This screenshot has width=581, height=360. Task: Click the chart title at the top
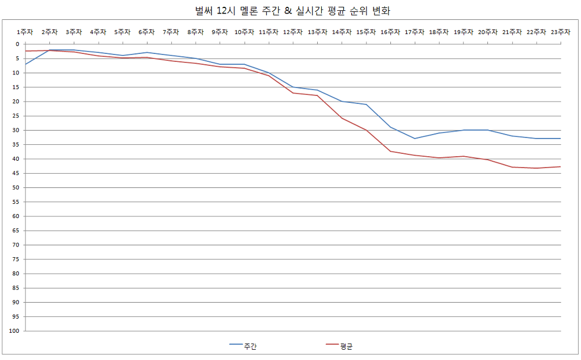[290, 11]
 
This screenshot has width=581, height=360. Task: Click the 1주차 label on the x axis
[26, 32]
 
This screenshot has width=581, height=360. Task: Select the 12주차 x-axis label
[293, 32]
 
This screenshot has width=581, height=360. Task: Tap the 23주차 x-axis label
[561, 32]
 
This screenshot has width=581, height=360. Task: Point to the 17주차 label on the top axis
[415, 32]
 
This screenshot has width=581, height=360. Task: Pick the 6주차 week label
[147, 32]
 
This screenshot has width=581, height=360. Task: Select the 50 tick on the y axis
[16, 187]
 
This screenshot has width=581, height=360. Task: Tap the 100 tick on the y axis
[14, 331]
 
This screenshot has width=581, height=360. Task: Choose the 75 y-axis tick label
[16, 259]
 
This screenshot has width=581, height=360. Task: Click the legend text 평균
[346, 346]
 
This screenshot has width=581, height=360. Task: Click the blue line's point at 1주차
[26, 64]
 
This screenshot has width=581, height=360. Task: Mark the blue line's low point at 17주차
[415, 139]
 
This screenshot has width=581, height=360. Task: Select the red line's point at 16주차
[390, 151]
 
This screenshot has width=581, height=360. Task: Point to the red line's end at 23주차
[561, 166]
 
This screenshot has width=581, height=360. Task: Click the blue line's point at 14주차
[342, 101]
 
